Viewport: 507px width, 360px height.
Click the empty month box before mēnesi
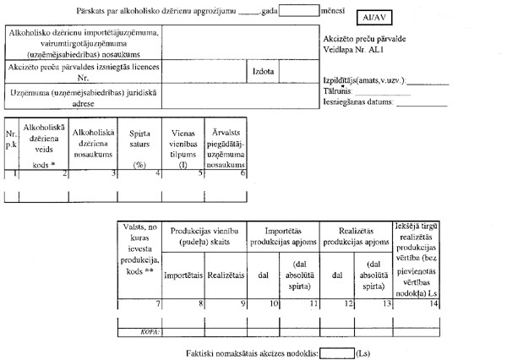[301, 11]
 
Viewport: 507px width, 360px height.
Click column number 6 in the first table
[243, 172]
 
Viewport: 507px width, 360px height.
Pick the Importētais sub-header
[183, 275]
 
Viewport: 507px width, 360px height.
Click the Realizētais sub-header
[227, 275]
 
